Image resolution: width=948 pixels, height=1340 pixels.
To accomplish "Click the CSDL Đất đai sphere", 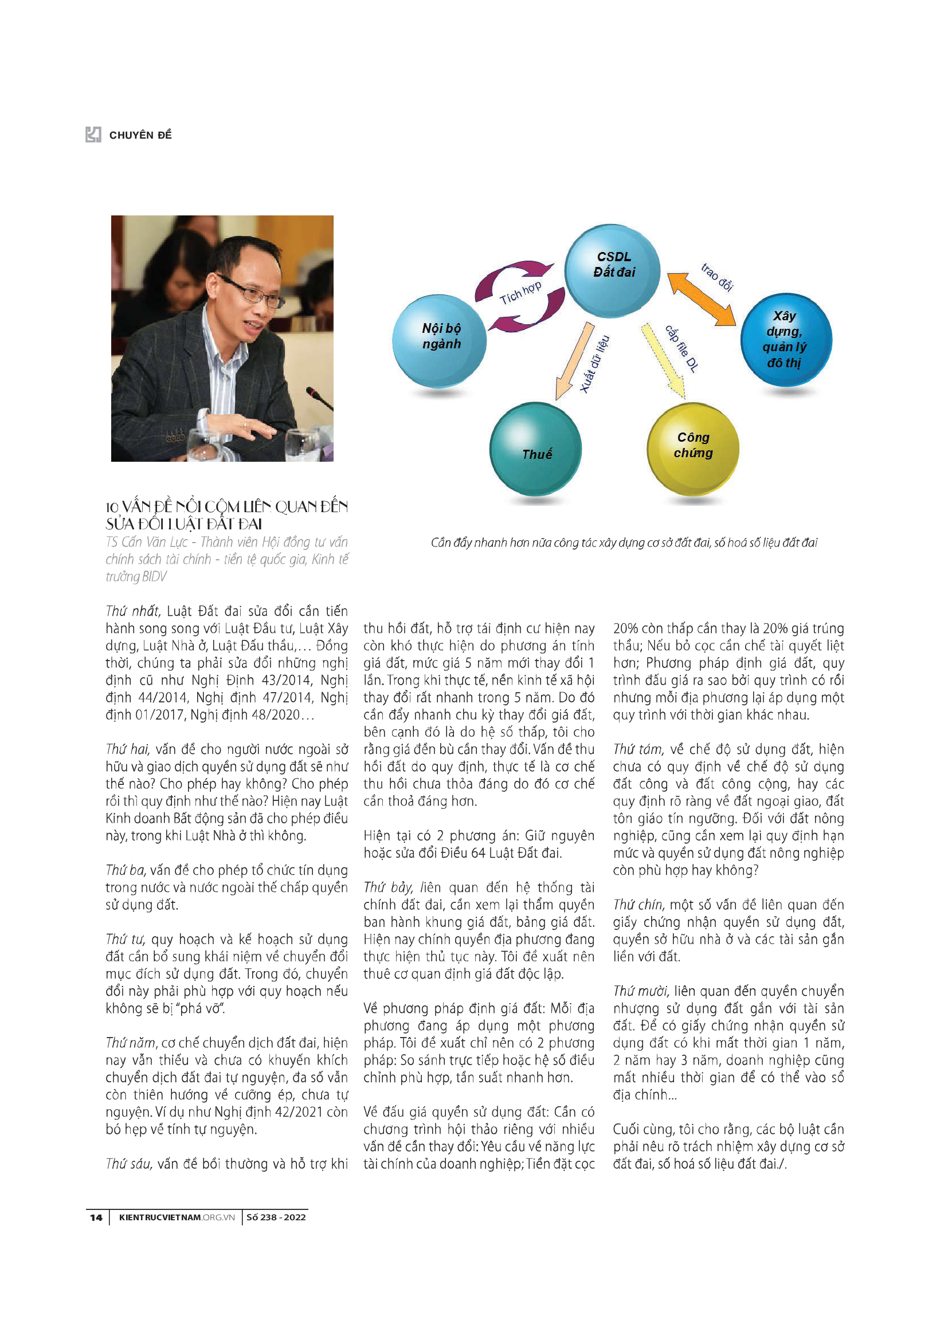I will point(612,270).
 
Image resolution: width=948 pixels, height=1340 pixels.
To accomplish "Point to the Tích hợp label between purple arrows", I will point(520,293).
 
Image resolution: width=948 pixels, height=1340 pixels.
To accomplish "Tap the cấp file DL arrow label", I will point(682,349).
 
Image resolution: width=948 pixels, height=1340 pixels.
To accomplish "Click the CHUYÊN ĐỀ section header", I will point(140,135).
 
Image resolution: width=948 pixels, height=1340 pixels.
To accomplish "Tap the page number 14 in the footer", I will point(96,1217).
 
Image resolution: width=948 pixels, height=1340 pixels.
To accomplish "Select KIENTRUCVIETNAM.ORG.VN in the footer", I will point(177,1217).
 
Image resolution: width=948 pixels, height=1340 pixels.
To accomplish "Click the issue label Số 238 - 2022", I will point(276,1217).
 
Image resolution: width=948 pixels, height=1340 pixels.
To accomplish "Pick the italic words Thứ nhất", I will point(132,611).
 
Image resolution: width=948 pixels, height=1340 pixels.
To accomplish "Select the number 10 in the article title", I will point(112,507).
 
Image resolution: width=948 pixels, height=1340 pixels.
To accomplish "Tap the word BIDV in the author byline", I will point(154,577).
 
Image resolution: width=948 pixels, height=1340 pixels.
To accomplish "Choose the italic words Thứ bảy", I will point(388,887).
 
